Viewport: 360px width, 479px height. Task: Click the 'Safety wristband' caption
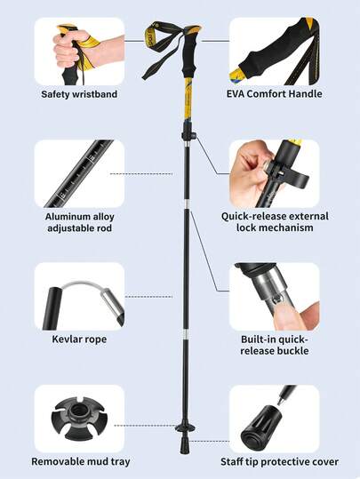pos(79,94)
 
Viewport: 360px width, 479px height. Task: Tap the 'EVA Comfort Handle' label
pos(274,94)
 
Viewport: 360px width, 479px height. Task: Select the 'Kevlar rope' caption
pos(79,339)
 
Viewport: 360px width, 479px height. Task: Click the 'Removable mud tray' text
pos(81,461)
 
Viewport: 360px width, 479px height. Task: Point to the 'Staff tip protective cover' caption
pos(279,461)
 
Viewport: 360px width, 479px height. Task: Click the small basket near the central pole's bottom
pos(185,427)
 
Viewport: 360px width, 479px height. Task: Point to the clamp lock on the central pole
pos(188,134)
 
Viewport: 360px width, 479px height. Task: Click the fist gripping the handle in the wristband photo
pos(71,48)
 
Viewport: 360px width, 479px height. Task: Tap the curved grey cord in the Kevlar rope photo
pos(84,285)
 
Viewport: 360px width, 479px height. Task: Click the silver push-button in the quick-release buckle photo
pos(277,299)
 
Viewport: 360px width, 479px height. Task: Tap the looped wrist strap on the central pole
pos(160,49)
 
